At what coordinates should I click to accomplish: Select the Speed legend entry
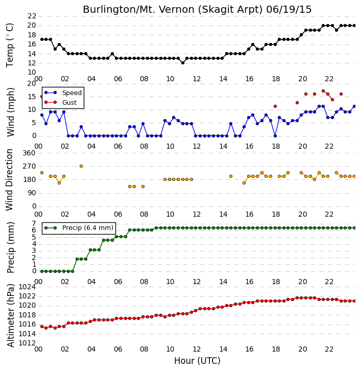[x=63, y=93]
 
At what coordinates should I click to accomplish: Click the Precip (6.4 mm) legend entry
[x=79, y=228]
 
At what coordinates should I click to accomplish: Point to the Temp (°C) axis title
[x=10, y=45]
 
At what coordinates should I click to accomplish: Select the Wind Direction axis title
[x=9, y=179]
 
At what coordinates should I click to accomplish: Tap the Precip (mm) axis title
[x=11, y=247]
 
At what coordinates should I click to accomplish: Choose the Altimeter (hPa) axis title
[x=11, y=315]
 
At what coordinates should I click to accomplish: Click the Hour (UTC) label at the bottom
[x=197, y=361]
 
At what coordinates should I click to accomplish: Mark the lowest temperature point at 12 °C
[x=183, y=63]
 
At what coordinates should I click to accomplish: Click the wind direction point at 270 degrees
[x=81, y=166]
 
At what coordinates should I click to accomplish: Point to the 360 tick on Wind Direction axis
[x=29, y=153]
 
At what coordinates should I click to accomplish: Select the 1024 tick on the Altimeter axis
[x=27, y=287]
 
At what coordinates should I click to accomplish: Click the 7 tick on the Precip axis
[x=34, y=224]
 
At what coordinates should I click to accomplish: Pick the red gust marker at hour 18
[x=275, y=106]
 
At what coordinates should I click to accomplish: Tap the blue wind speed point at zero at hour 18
[x=275, y=136]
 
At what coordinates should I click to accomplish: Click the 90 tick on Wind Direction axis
[x=32, y=193]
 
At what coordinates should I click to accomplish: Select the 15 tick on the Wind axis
[x=32, y=97]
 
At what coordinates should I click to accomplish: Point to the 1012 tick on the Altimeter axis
[x=27, y=343]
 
